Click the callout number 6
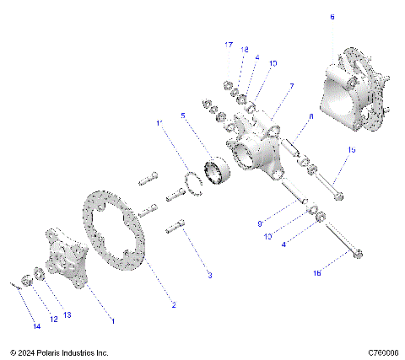(332, 17)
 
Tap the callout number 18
(244, 50)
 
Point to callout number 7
(291, 86)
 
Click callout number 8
(310, 116)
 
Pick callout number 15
(350, 149)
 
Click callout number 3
(210, 275)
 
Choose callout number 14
(35, 325)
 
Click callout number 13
(67, 314)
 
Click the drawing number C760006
(383, 352)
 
